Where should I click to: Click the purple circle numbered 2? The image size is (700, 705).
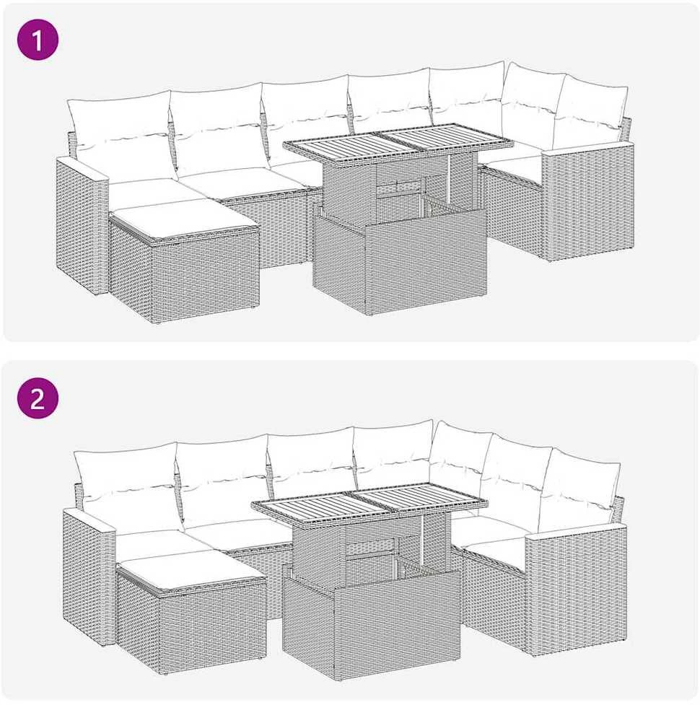coord(38,398)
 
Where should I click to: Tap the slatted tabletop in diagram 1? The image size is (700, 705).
coord(398,142)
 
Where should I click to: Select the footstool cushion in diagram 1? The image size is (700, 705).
coord(184,219)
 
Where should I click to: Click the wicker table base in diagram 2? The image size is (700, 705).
coord(372,621)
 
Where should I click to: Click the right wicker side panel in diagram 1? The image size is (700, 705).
coord(588,202)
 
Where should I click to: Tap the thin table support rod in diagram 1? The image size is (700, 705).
coord(449,177)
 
